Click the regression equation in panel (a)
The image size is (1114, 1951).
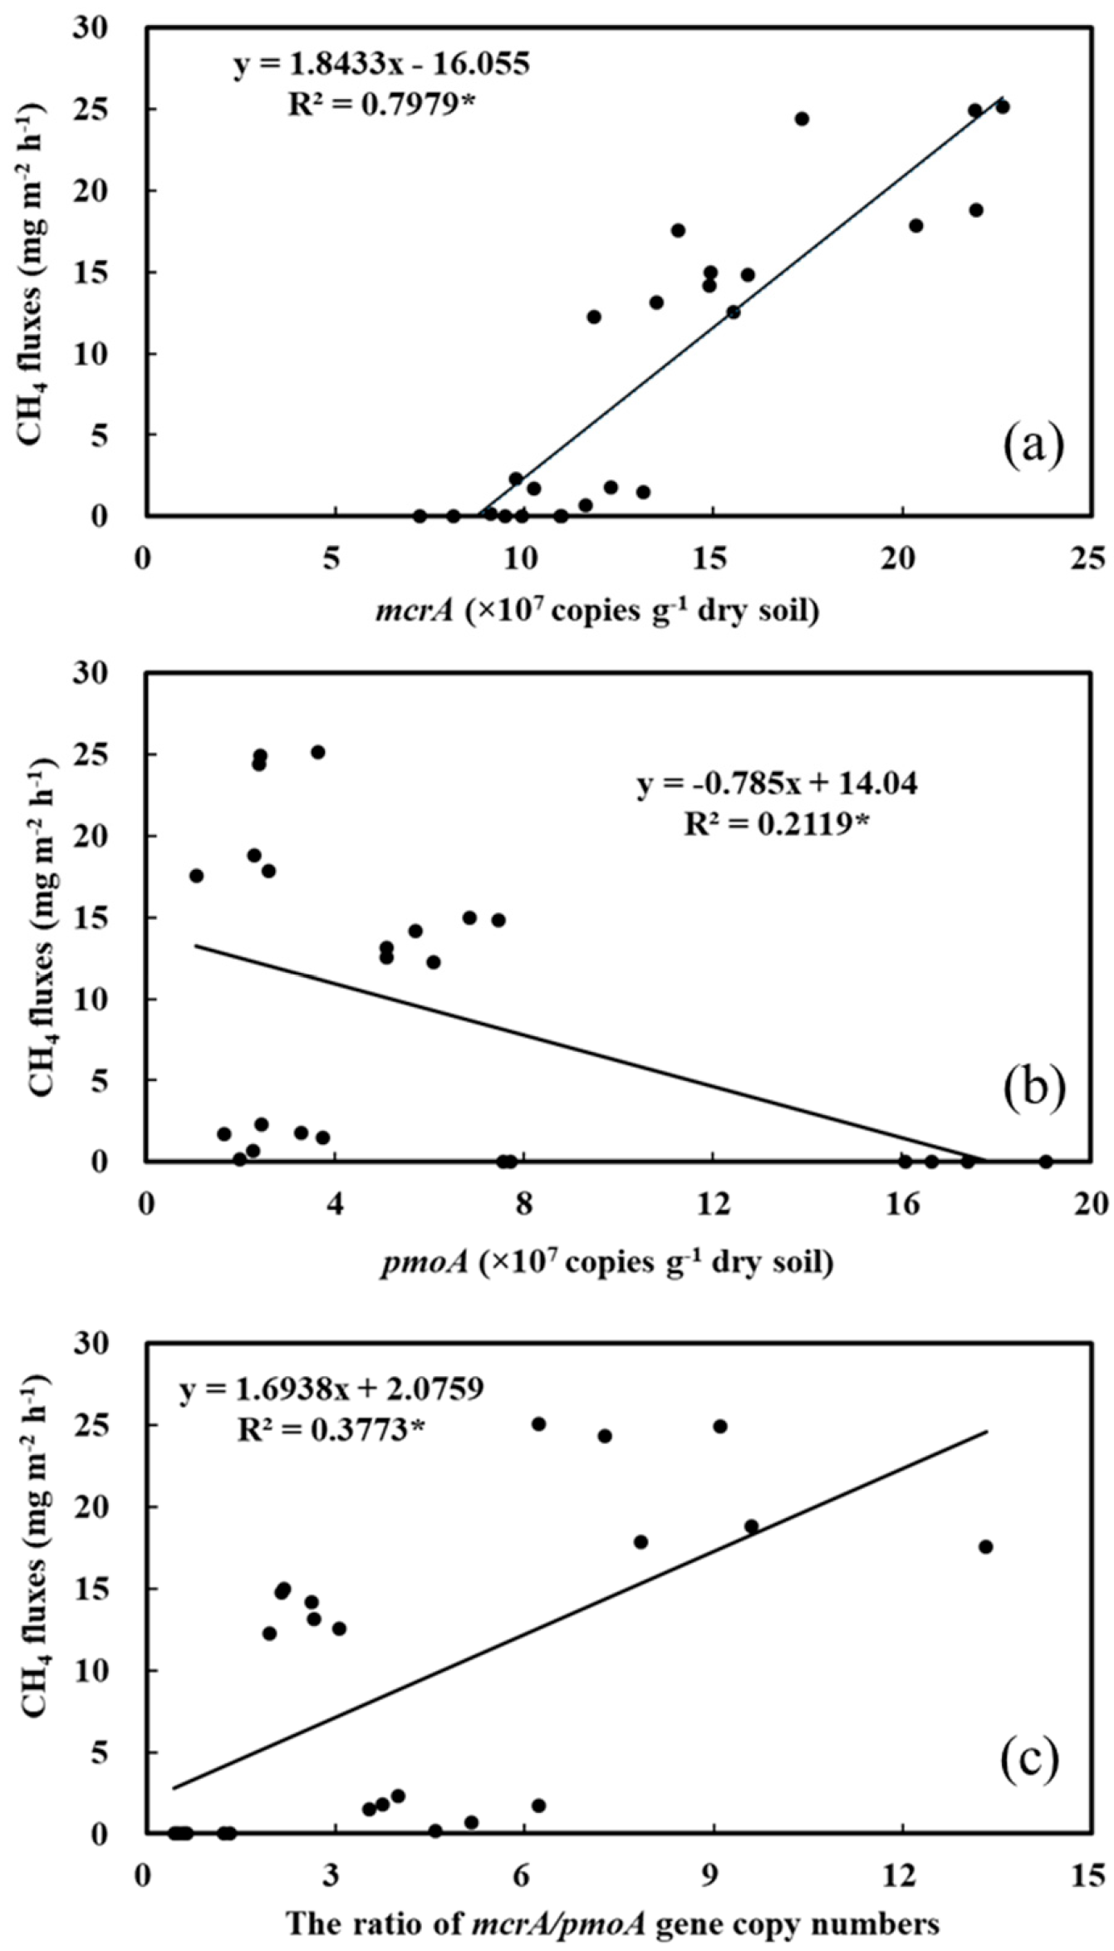(381, 64)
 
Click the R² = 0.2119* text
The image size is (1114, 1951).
(777, 823)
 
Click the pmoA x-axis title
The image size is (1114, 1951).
(607, 1262)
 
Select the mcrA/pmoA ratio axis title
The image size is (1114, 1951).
(612, 1924)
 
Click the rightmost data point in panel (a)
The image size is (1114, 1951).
(1003, 107)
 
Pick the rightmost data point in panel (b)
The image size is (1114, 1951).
(1046, 1162)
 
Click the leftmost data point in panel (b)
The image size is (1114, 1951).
(197, 876)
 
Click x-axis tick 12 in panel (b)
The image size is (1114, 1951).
(713, 1205)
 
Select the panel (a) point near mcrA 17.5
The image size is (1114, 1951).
(802, 119)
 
